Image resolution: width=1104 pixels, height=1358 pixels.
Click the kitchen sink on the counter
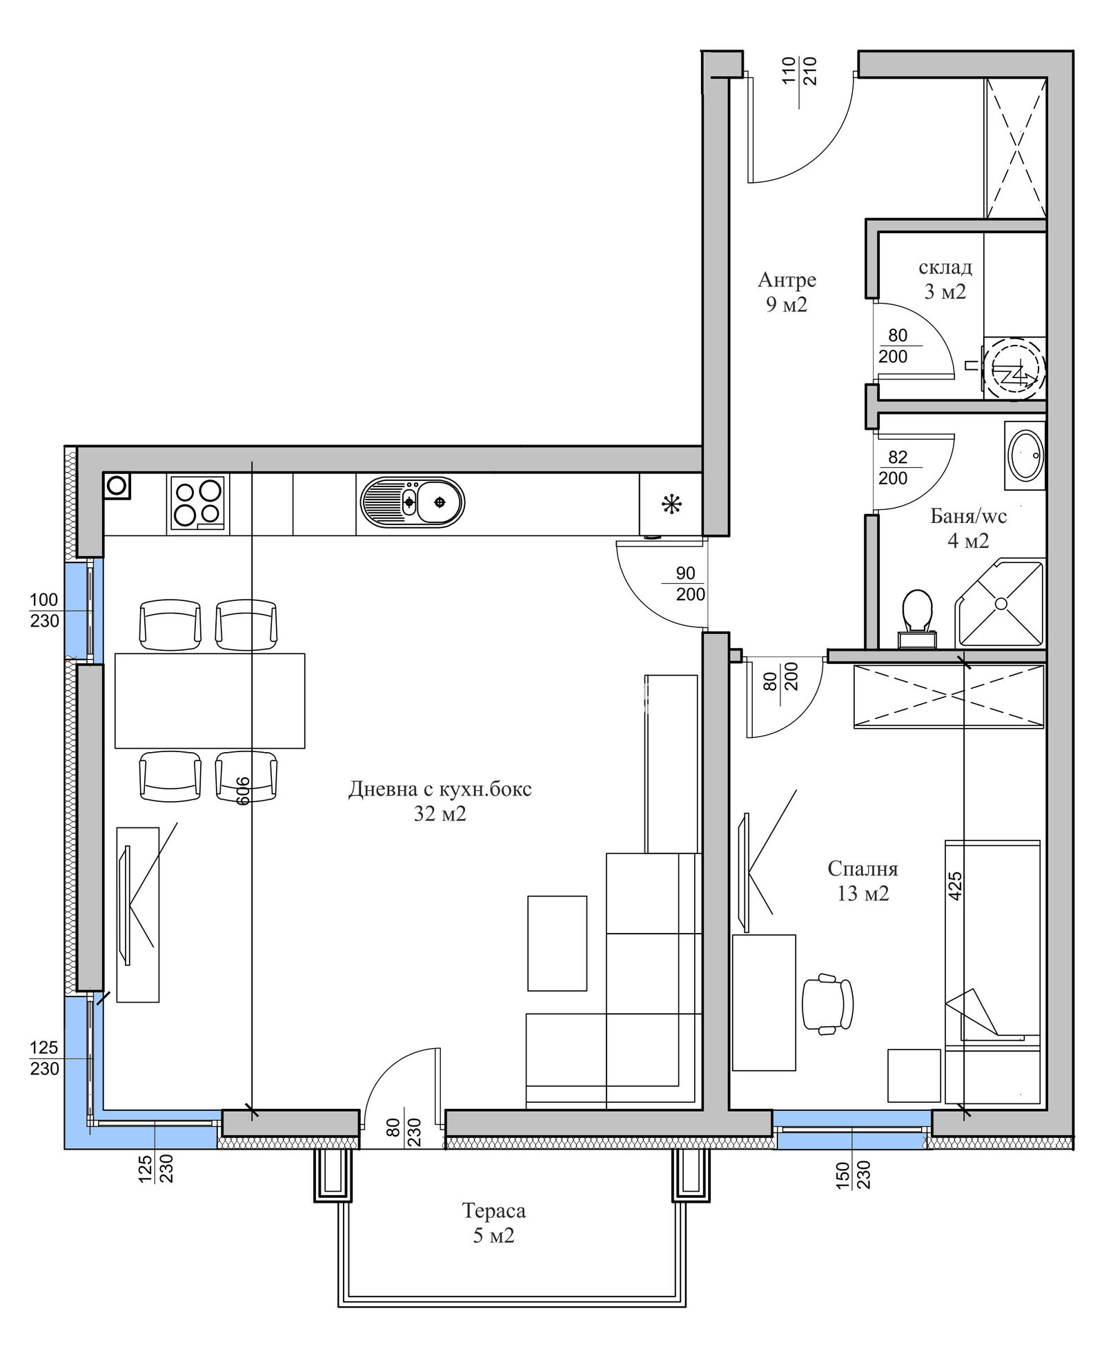click(412, 502)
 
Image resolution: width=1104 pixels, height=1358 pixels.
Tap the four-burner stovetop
click(198, 503)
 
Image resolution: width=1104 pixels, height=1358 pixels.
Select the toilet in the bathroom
click(918, 618)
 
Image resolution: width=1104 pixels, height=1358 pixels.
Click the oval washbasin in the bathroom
click(1026, 455)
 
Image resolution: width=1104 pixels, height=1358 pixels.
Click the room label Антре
click(787, 279)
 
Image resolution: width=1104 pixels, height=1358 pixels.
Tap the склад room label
click(945, 267)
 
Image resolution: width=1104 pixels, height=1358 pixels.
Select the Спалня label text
click(862, 868)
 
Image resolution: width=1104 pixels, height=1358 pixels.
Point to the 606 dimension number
click(242, 790)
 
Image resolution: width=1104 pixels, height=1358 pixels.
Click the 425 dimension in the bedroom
click(955, 886)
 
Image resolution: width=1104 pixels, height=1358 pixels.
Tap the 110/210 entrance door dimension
click(799, 71)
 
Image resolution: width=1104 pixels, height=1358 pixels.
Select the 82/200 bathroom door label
click(894, 467)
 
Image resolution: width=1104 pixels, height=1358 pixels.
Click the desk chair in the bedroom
click(828, 1003)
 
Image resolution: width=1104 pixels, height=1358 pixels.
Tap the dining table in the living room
click(210, 700)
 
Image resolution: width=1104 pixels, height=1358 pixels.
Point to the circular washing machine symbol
click(1014, 368)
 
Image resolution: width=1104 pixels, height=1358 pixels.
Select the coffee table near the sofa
click(557, 943)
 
